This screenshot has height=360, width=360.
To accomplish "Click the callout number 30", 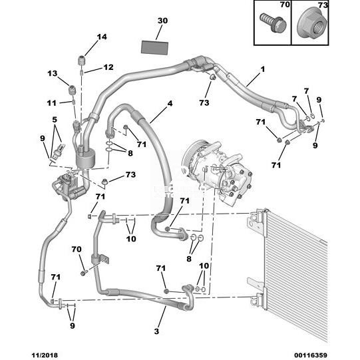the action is pyautogui.click(x=162, y=21).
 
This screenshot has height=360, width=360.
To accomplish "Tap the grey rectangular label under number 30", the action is pyautogui.click(x=154, y=48).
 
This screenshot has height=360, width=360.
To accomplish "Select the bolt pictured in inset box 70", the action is pyautogui.click(x=273, y=23).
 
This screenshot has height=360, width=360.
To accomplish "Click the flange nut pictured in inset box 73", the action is pyautogui.click(x=312, y=23).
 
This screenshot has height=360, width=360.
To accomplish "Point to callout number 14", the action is pyautogui.click(x=102, y=37).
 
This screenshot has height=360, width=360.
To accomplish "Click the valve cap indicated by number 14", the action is pyautogui.click(x=81, y=61).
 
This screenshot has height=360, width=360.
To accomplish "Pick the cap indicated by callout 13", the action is pyautogui.click(x=73, y=90).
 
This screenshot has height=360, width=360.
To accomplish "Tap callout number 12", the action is pyautogui.click(x=108, y=67).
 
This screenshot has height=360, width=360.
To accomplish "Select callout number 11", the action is pyautogui.click(x=51, y=103).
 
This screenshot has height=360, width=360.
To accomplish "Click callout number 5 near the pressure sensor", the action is pyautogui.click(x=55, y=120).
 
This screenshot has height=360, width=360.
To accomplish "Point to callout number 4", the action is pyautogui.click(x=170, y=104).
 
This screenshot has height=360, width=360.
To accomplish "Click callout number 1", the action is pyautogui.click(x=263, y=69).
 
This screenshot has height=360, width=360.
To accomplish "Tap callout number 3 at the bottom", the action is pyautogui.click(x=156, y=331).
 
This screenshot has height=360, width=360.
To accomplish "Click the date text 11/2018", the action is pyautogui.click(x=45, y=355).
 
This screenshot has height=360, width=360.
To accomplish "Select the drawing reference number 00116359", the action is pyautogui.click(x=310, y=355).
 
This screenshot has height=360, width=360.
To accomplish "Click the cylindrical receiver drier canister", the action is pyautogui.click(x=85, y=158).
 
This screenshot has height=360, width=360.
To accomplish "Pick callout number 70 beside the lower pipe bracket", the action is pyautogui.click(x=77, y=249).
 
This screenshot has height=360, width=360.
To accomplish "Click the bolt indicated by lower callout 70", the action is pyautogui.click(x=84, y=273).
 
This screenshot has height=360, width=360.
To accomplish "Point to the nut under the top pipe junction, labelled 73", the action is pyautogui.click(x=212, y=77).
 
